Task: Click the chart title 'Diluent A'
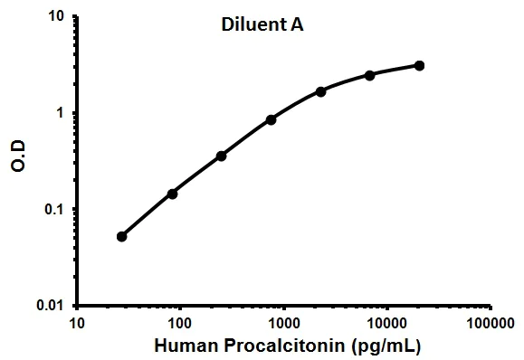click(x=262, y=26)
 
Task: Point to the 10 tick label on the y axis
click(x=56, y=17)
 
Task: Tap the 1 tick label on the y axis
click(x=61, y=114)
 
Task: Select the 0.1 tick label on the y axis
click(x=54, y=210)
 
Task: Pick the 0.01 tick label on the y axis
click(x=51, y=306)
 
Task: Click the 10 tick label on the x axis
click(x=77, y=323)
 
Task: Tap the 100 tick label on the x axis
click(x=180, y=323)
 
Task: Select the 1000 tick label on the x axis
click(x=283, y=323)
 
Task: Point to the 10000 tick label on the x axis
click(x=386, y=323)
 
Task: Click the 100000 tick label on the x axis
click(x=490, y=323)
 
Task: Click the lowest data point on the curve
click(x=122, y=236)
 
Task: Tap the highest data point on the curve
click(x=419, y=65)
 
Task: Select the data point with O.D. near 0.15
click(x=172, y=193)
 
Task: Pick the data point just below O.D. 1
click(x=272, y=119)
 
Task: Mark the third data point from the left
click(x=222, y=156)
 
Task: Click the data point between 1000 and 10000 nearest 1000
click(x=321, y=91)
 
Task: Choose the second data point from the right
click(x=370, y=74)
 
